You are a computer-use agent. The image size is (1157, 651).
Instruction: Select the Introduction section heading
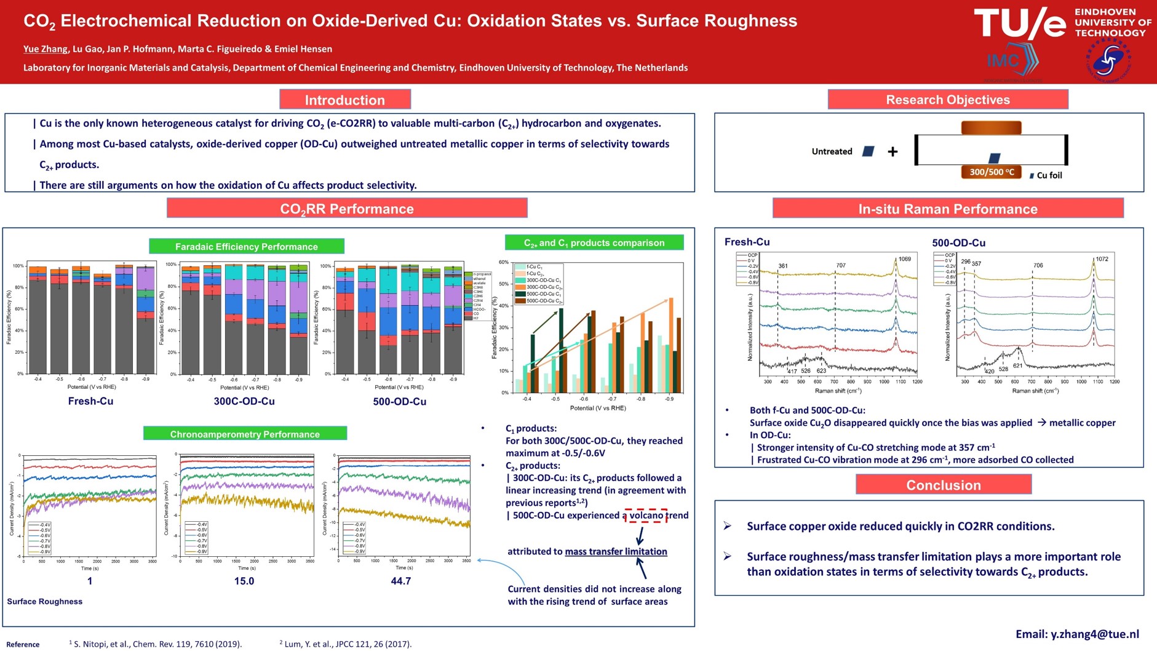(344, 100)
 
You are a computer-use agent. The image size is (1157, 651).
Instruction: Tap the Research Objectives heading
(947, 100)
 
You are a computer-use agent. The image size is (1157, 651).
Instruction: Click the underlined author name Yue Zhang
(45, 49)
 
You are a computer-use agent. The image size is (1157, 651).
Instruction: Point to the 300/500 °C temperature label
(992, 172)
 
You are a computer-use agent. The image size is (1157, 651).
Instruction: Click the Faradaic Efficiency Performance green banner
(246, 247)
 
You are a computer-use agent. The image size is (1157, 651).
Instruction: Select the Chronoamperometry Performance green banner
(245, 434)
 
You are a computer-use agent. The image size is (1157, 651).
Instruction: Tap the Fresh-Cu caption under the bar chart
(90, 401)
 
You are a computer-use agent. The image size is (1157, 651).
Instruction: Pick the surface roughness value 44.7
(401, 581)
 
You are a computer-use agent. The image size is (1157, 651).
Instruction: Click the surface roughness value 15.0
(244, 581)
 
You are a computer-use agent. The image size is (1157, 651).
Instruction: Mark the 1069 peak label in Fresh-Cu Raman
(904, 259)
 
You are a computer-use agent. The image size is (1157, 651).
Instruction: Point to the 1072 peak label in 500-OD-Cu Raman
(1102, 259)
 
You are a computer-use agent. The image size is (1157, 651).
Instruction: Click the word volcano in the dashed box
(646, 516)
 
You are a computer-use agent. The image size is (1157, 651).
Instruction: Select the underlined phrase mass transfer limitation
(616, 551)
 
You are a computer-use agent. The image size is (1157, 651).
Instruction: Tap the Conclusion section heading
(943, 485)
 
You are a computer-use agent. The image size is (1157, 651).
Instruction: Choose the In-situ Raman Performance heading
(947, 209)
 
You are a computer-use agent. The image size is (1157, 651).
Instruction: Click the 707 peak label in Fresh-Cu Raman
(841, 266)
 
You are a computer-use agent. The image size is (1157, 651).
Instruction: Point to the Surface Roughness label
(45, 601)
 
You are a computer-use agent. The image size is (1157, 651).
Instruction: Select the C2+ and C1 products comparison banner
(594, 243)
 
